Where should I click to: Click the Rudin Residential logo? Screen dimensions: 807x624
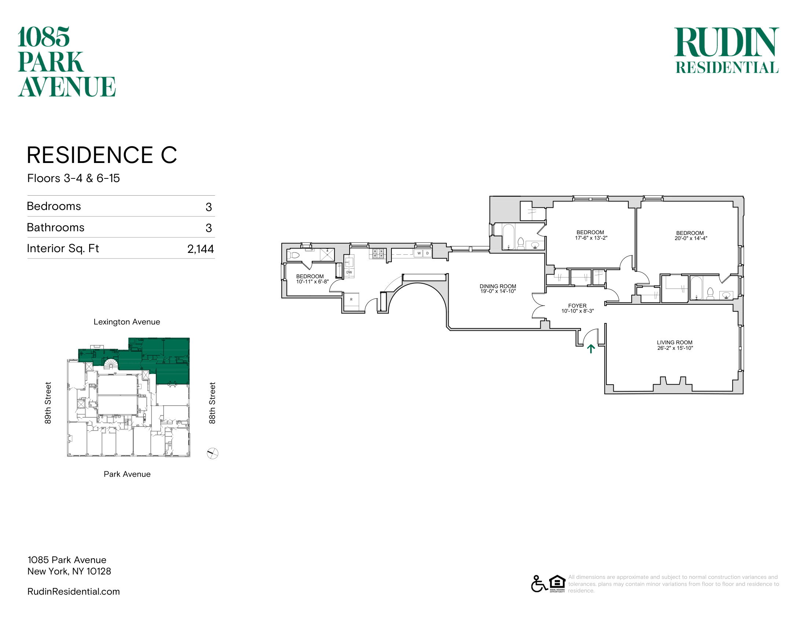tap(726, 50)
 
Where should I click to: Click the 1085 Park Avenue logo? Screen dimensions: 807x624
tap(67, 62)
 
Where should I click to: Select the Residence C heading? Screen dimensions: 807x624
tap(102, 155)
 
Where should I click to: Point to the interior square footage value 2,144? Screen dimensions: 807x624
tap(201, 249)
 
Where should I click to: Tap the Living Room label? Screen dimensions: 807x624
tap(675, 343)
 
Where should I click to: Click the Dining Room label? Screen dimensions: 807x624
tap(498, 286)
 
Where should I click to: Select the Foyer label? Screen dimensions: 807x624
tap(577, 306)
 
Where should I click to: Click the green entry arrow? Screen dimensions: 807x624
tap(591, 349)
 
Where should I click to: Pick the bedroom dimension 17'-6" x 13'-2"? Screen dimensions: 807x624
tap(591, 238)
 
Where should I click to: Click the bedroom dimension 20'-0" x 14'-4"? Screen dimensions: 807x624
tap(691, 239)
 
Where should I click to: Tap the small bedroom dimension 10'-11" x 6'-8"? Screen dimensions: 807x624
tap(312, 282)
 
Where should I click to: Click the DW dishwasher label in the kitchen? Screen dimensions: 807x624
tap(349, 272)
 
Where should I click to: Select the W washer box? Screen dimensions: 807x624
tap(419, 253)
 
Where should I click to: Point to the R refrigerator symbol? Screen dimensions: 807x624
tap(351, 300)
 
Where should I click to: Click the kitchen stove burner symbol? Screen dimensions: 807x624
tap(377, 253)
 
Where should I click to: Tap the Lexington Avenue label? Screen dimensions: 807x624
tap(127, 322)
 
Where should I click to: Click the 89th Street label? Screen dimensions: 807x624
tap(48, 403)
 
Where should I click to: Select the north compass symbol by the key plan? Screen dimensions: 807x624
tap(212, 453)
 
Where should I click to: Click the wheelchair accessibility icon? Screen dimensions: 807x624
tap(539, 584)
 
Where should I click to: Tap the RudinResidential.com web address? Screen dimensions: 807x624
tap(73, 591)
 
